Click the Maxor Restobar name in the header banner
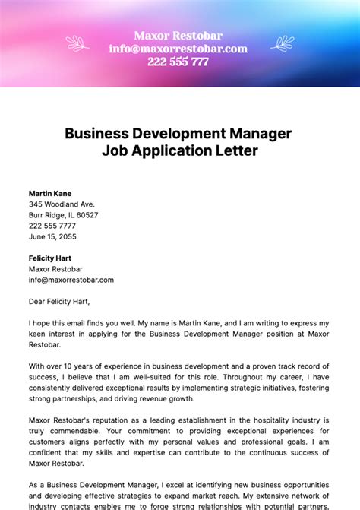178,35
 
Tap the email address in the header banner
178,49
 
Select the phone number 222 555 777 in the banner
178,62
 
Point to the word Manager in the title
257,133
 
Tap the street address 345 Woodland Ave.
62,204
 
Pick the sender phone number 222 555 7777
52,226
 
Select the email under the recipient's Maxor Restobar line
71,280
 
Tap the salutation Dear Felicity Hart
65,301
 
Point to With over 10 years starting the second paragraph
63,366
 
